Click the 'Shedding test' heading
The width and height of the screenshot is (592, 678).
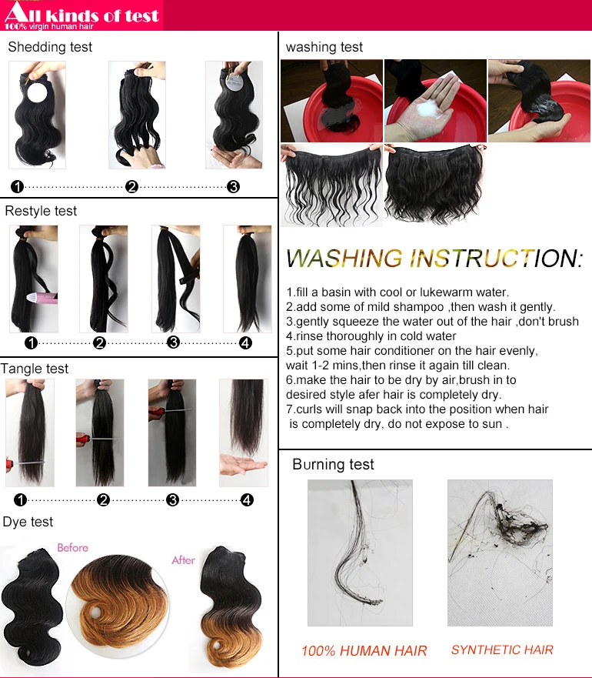click(50, 47)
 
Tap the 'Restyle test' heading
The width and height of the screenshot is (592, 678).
click(41, 211)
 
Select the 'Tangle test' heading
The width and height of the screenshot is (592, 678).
click(34, 369)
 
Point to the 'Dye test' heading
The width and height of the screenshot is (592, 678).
click(28, 522)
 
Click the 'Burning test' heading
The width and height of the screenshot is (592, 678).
click(333, 464)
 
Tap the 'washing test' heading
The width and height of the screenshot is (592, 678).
click(324, 47)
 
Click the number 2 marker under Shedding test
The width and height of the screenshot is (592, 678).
click(131, 186)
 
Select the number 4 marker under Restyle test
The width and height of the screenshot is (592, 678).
click(245, 343)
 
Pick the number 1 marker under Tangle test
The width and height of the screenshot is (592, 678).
click(20, 500)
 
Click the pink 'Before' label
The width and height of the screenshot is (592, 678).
click(72, 548)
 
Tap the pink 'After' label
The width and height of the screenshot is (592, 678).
click(183, 560)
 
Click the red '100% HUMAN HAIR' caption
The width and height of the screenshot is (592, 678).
click(364, 650)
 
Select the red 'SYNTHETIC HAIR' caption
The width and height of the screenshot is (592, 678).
click(502, 650)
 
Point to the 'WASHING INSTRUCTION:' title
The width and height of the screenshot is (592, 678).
click(434, 258)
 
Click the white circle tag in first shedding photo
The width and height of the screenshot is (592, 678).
click(38, 92)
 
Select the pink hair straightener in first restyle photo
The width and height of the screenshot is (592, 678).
click(42, 298)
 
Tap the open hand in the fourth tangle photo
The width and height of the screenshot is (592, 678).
click(242, 465)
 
